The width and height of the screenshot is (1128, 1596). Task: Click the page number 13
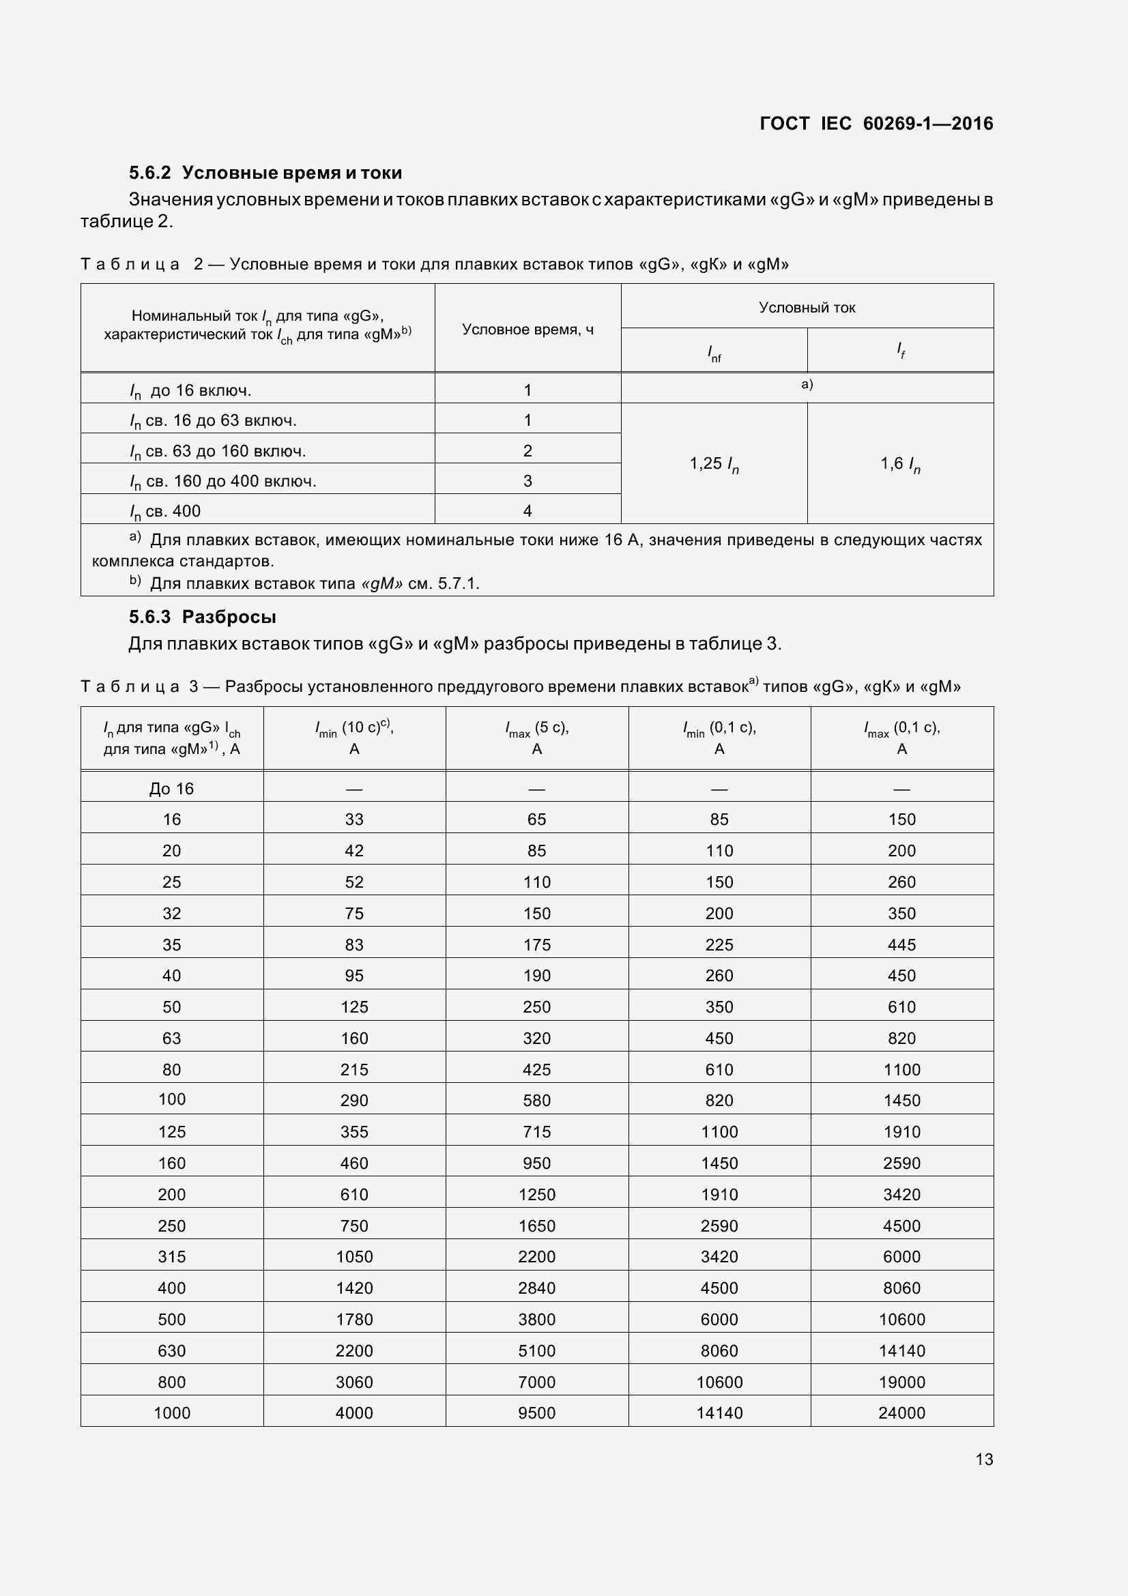tap(983, 1460)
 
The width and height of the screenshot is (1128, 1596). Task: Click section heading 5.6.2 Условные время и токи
tap(265, 173)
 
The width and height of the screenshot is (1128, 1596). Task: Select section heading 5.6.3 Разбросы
tap(202, 617)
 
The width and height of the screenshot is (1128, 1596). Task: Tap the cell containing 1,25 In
tap(714, 463)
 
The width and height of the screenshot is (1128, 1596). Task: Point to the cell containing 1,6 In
tap(900, 463)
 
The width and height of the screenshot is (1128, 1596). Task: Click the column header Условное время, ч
tap(527, 330)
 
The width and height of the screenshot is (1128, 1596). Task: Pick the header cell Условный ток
tap(807, 307)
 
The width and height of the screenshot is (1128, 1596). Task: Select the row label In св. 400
tap(165, 511)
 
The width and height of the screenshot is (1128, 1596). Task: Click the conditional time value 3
tap(527, 480)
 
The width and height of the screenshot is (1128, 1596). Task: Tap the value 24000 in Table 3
tap(901, 1412)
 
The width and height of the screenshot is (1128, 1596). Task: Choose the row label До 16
tap(172, 788)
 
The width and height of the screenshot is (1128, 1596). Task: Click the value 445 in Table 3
tap(901, 944)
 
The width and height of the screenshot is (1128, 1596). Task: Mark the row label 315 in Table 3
tap(172, 1256)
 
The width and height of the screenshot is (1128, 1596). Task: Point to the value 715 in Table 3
tap(536, 1131)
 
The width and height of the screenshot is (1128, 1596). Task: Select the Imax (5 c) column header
tap(536, 738)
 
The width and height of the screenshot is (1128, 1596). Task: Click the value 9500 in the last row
tap(536, 1412)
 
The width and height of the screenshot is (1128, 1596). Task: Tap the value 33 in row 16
tap(354, 819)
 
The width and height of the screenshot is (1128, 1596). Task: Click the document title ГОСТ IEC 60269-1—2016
tap(876, 124)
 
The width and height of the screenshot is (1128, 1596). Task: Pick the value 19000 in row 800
tap(901, 1382)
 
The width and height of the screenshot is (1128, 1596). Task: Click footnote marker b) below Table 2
tap(135, 581)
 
